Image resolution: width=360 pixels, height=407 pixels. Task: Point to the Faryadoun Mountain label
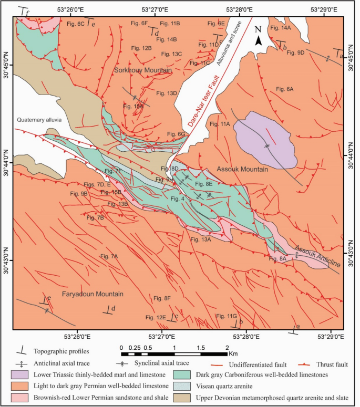(x=92, y=294)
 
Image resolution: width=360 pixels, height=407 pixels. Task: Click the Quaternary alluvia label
(x=39, y=120)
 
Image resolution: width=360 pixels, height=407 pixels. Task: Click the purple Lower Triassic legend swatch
(x=20, y=375)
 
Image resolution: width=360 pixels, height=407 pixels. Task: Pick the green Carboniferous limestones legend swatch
(x=185, y=375)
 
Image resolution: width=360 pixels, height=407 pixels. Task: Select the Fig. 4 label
(x=178, y=198)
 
